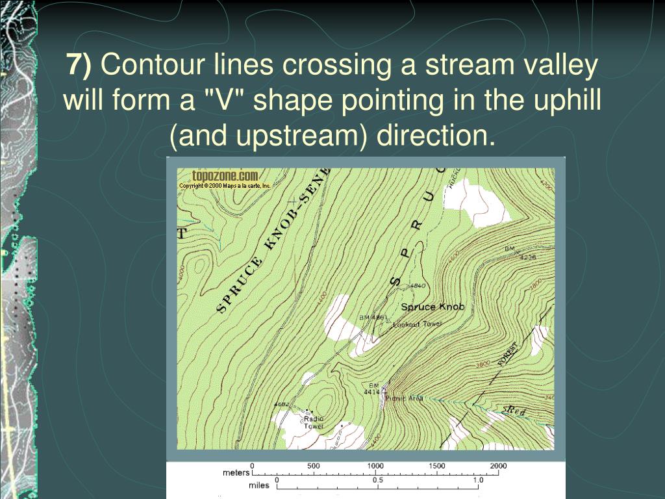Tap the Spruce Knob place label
(433, 307)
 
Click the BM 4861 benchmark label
(373, 318)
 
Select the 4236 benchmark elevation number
(527, 257)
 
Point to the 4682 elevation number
(281, 404)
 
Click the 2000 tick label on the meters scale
(498, 466)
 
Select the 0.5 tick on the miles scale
(377, 480)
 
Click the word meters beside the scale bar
(236, 472)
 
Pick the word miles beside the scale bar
(259, 485)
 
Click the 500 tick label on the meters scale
(313, 466)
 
